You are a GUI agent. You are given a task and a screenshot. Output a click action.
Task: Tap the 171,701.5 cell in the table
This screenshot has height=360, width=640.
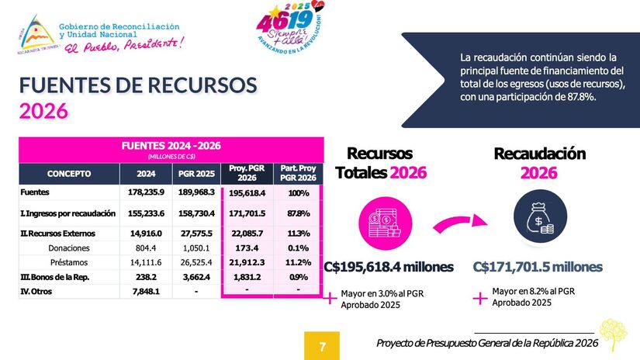tap(247, 213)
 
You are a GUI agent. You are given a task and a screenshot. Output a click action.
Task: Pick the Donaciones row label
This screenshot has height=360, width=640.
tap(69, 248)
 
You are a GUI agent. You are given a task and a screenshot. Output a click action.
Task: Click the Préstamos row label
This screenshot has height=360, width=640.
tap(69, 262)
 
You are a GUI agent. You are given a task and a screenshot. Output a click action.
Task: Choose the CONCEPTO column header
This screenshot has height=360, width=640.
tap(69, 174)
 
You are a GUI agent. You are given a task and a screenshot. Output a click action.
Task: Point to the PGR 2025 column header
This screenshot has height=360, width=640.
tap(195, 174)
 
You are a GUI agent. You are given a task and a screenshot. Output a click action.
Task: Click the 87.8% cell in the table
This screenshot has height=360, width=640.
tap(298, 213)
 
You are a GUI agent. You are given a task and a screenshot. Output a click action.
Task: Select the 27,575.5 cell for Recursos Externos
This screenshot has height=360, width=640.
tap(195, 234)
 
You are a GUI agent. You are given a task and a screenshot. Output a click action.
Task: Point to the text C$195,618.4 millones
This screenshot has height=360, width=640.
tap(389, 268)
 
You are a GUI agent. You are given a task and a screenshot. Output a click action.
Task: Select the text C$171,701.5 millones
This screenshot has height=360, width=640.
tap(538, 268)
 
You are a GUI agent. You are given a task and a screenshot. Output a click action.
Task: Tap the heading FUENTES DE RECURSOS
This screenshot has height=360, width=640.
tap(137, 85)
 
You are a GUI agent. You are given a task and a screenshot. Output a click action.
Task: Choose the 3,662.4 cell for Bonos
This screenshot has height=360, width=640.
tap(195, 277)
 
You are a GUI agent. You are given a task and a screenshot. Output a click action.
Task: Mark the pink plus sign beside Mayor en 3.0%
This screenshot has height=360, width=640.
tap(329, 296)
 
